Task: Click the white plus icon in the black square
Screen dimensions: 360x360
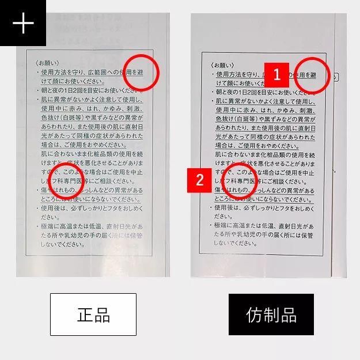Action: (22, 23)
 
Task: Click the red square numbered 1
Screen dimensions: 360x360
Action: (276, 74)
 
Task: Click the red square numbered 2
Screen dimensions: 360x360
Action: (200, 179)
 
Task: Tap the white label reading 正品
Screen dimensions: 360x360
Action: (93, 314)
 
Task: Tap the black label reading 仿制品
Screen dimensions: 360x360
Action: (271, 314)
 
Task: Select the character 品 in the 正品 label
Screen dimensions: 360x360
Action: (102, 314)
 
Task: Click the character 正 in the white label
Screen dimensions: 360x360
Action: (85, 314)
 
